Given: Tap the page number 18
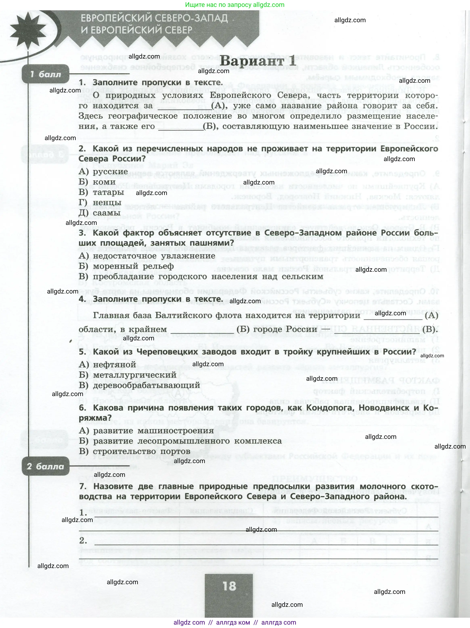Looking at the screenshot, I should point(229,586).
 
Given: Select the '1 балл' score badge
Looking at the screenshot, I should point(45,74).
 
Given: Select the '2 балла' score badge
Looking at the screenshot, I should point(45,467).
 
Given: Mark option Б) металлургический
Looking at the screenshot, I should point(128,375).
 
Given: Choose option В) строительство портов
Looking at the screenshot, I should point(135,451).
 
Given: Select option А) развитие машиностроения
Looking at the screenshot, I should point(146,431).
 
